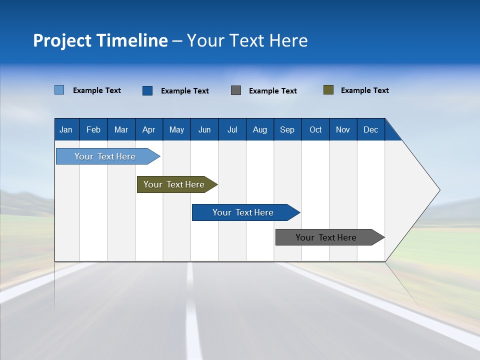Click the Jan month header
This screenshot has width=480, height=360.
click(x=66, y=130)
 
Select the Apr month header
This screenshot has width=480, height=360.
click(x=148, y=130)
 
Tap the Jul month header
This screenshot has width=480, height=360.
click(x=232, y=130)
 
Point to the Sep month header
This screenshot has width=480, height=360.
click(x=287, y=130)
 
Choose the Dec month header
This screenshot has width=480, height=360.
click(x=370, y=130)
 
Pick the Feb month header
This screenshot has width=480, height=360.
click(x=93, y=130)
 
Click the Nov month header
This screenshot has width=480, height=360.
click(x=342, y=130)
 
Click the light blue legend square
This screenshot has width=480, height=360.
click(x=59, y=90)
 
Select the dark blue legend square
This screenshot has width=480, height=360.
click(x=147, y=90)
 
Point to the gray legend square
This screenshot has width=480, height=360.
click(x=236, y=90)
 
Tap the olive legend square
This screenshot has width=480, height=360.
click(x=328, y=90)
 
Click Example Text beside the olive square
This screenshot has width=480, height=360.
click(x=364, y=90)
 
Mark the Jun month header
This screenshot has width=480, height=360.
click(x=204, y=130)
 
